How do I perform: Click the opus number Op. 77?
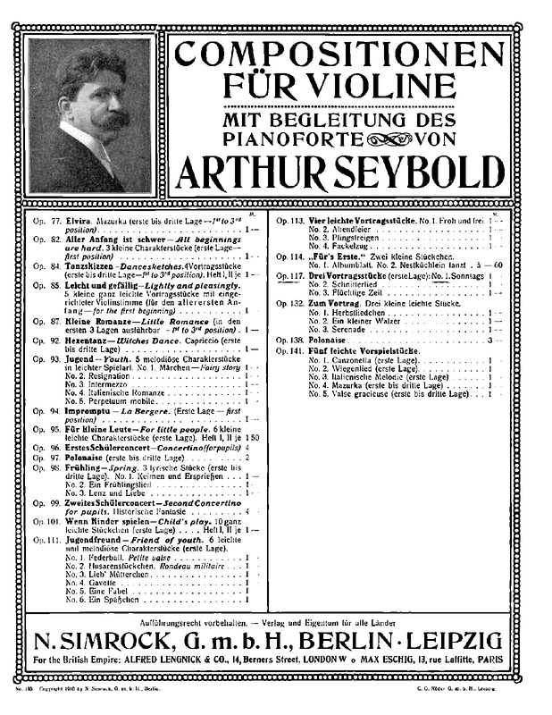(45, 219)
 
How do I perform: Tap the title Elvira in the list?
(77, 219)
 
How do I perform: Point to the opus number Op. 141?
(291, 351)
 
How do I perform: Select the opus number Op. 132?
(291, 302)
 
